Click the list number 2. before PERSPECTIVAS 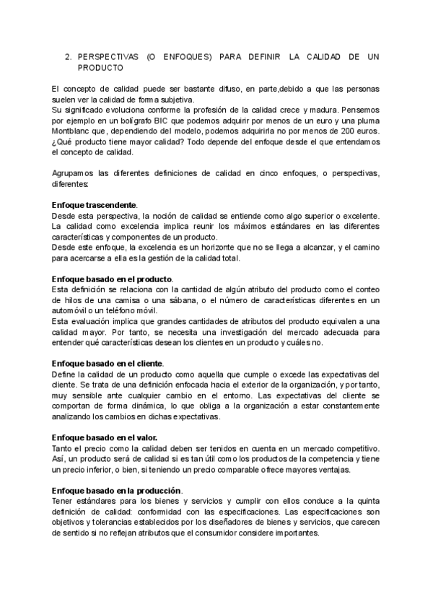(68, 56)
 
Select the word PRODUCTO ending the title (100, 67)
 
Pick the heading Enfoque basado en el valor (106, 437)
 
